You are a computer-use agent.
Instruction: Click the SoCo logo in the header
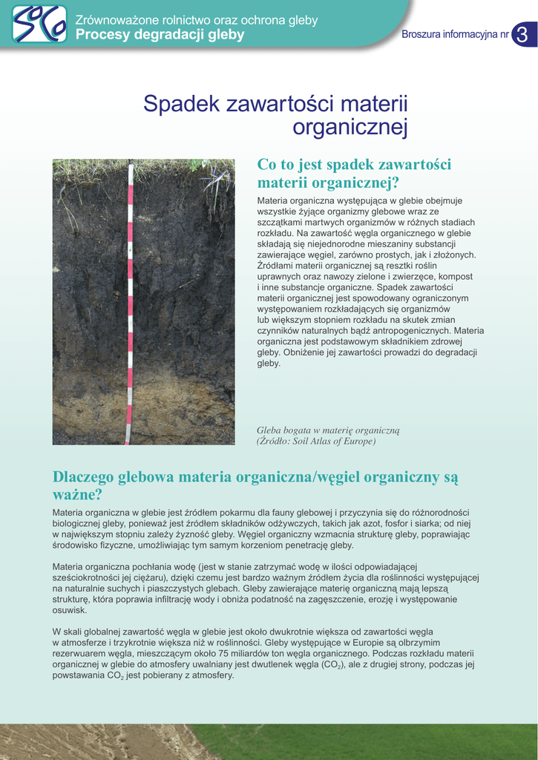39,24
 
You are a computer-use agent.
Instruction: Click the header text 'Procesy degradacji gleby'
160,35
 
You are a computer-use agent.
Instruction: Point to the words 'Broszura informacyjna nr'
455,35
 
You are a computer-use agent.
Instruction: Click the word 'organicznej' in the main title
350,128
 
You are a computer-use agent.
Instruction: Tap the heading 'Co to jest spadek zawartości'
354,165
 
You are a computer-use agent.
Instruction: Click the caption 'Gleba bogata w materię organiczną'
328,430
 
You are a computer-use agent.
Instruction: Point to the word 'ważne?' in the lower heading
76,494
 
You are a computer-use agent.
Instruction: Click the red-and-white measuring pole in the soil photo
130,297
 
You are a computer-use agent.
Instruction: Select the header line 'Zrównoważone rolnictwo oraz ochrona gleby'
197,21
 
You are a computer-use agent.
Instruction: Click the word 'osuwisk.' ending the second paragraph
70,610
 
